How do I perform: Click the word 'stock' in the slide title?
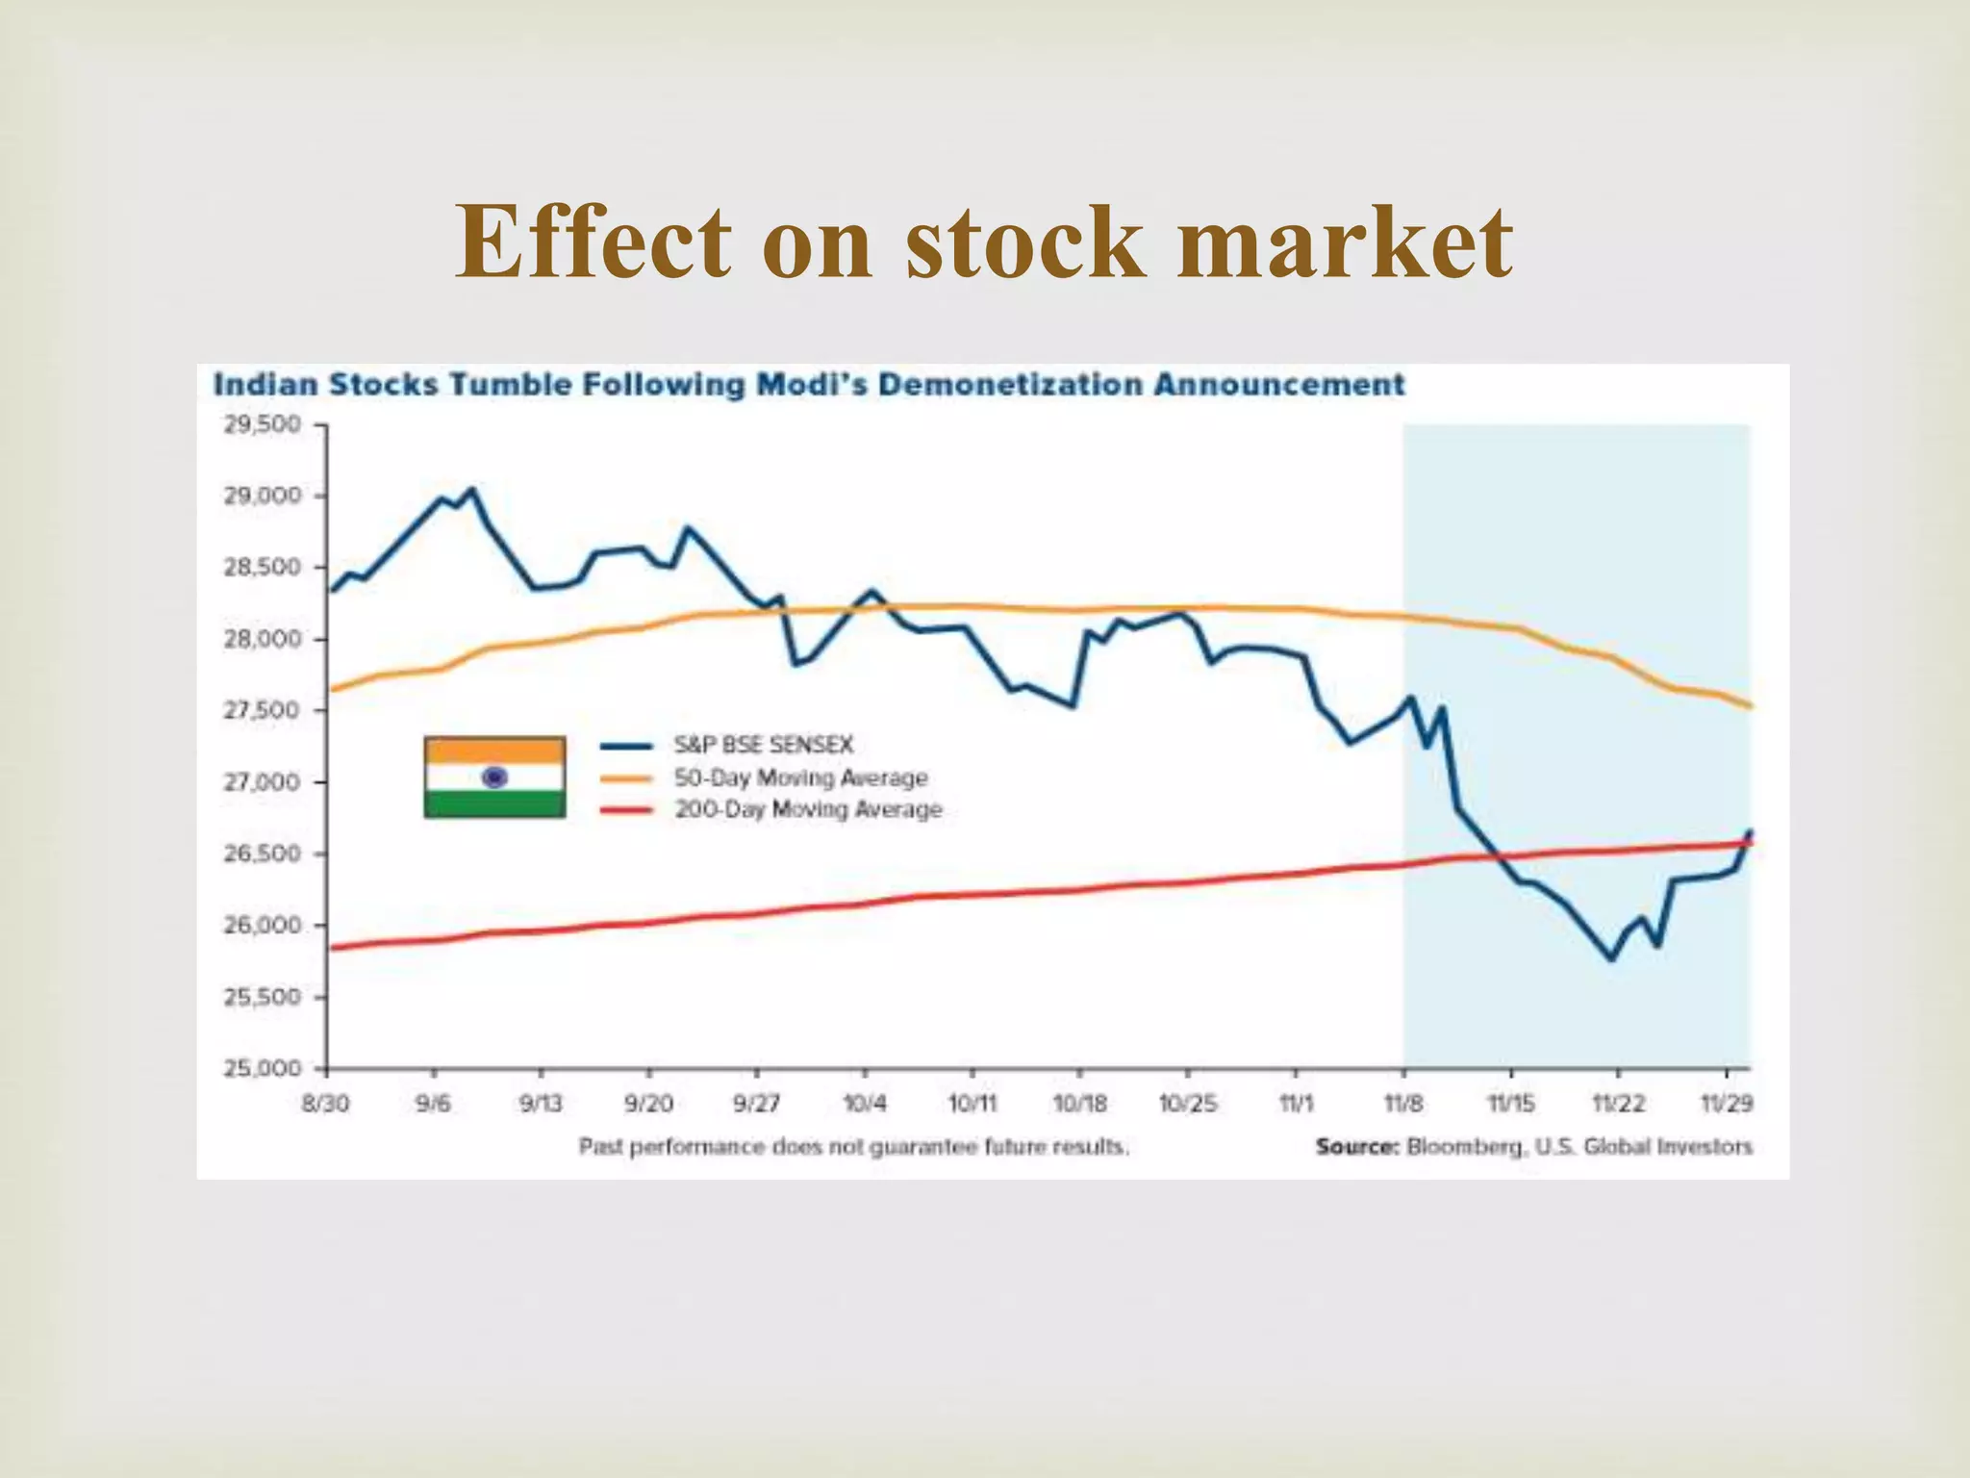coord(1024,242)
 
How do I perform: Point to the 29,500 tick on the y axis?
coord(263,424)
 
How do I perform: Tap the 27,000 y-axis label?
coord(263,782)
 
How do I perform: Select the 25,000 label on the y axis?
coord(263,1068)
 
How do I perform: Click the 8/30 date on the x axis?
coord(325,1104)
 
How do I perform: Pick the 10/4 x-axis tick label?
coord(865,1104)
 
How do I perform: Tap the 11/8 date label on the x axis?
coord(1403,1104)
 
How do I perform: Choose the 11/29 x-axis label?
coord(1727,1104)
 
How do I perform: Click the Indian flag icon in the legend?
coord(494,777)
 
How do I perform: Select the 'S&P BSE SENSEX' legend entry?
coord(763,745)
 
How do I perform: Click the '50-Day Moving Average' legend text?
coord(800,777)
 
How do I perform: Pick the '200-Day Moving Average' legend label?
coord(808,809)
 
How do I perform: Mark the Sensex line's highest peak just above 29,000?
coord(471,490)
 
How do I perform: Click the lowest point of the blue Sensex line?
coord(1612,958)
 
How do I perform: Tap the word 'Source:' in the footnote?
coord(1357,1147)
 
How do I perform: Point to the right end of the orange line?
coord(1750,706)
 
